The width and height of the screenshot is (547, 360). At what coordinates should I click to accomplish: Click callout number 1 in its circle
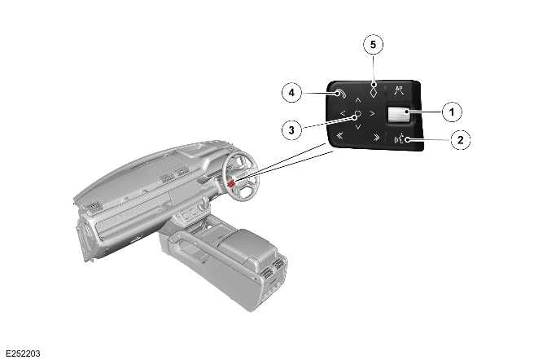point(452,112)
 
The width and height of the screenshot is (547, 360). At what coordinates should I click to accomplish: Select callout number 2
point(461,140)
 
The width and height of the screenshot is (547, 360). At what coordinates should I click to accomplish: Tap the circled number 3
point(291,130)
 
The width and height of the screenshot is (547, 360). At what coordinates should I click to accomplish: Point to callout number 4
point(291,93)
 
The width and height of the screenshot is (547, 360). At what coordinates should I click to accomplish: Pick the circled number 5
point(374,44)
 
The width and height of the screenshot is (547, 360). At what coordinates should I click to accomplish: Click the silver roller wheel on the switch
point(399,115)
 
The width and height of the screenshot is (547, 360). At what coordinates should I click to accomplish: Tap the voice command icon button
point(400,140)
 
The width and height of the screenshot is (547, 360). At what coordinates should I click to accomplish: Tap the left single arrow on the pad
point(343,113)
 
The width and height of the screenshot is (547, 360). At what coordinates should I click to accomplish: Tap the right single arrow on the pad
point(372,113)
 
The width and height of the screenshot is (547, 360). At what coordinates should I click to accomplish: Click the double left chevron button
point(339,136)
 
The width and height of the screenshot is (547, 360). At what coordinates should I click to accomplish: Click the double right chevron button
point(376,137)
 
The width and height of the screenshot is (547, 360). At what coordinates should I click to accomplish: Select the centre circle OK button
point(357,113)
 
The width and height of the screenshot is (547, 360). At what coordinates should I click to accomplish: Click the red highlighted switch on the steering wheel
point(230,183)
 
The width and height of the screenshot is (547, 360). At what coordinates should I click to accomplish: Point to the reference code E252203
point(23,353)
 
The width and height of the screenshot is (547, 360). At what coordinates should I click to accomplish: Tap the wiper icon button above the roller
point(399,90)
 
